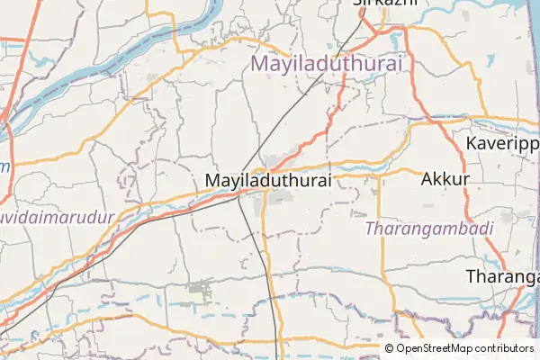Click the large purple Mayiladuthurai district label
pos(327,64)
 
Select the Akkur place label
pos(445,179)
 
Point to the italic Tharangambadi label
pos(430,229)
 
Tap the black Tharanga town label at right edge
pos(503,276)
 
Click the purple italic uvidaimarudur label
pos(58,219)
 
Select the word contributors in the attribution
pos(505,348)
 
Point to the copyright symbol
pos(390,348)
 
